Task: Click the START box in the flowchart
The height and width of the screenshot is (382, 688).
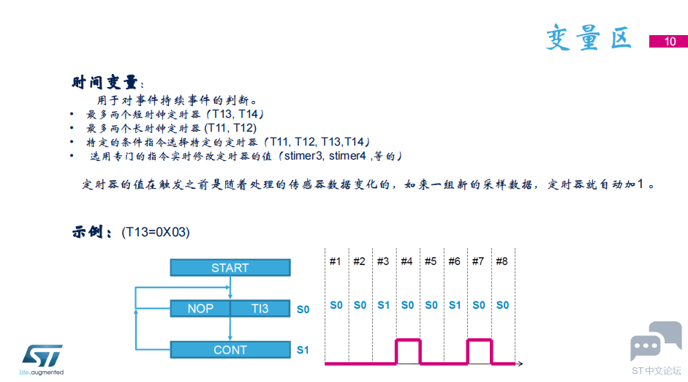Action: (x=230, y=267)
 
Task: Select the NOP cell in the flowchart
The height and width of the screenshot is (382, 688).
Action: (x=200, y=308)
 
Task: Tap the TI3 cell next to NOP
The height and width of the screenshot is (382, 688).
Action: (x=260, y=308)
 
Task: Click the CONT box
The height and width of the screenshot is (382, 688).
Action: (x=230, y=350)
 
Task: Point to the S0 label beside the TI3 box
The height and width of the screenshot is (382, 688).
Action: (x=303, y=310)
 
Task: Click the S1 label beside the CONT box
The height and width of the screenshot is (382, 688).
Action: (x=303, y=350)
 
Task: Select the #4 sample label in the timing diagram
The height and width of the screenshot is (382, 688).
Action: (x=407, y=262)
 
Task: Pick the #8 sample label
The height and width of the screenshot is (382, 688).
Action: (x=502, y=262)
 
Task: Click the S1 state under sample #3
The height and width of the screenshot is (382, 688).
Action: (x=384, y=305)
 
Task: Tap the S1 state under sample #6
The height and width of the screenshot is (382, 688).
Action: (x=455, y=305)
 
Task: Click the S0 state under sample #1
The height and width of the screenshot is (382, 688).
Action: (x=336, y=305)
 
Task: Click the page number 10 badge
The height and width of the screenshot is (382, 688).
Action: (x=669, y=41)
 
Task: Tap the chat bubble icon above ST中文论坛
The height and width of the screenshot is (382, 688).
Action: (x=656, y=341)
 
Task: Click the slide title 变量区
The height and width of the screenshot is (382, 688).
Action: (x=589, y=37)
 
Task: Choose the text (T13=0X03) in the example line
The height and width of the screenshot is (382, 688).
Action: (x=155, y=232)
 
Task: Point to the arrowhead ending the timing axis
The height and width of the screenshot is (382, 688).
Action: (x=520, y=364)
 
